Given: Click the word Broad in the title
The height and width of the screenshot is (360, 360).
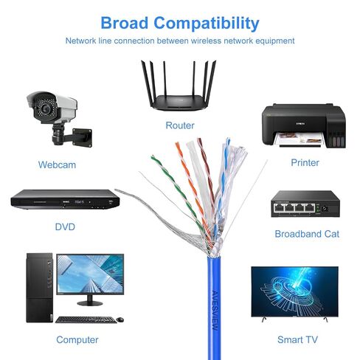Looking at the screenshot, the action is click(125, 23).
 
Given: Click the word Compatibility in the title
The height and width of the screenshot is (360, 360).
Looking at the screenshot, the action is click(207, 24).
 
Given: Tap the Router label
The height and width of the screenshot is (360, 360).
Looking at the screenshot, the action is click(180, 125).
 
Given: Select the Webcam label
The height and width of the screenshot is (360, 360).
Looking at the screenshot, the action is click(57, 165).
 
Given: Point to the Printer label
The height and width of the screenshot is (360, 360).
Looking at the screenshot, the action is click(305, 162).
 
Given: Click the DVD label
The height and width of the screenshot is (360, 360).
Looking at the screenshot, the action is click(65, 226).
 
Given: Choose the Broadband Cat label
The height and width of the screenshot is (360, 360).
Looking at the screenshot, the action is click(307, 234).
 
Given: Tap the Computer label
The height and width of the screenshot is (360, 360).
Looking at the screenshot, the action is click(77, 340).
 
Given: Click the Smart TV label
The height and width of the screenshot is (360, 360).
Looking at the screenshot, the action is click(297, 339).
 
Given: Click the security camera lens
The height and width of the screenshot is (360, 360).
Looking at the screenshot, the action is click(45, 108).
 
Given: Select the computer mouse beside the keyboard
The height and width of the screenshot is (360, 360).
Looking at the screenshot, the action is click(120, 319).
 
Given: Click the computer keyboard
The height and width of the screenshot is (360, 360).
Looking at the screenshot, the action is click(86, 319).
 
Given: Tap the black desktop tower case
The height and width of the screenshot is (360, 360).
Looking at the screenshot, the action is click(39, 288).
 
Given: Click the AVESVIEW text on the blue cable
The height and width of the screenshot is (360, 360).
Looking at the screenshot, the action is click(215, 311).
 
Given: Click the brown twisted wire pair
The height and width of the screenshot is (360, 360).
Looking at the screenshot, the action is click(206, 172).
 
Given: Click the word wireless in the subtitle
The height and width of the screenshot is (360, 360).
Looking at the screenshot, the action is click(206, 41).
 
